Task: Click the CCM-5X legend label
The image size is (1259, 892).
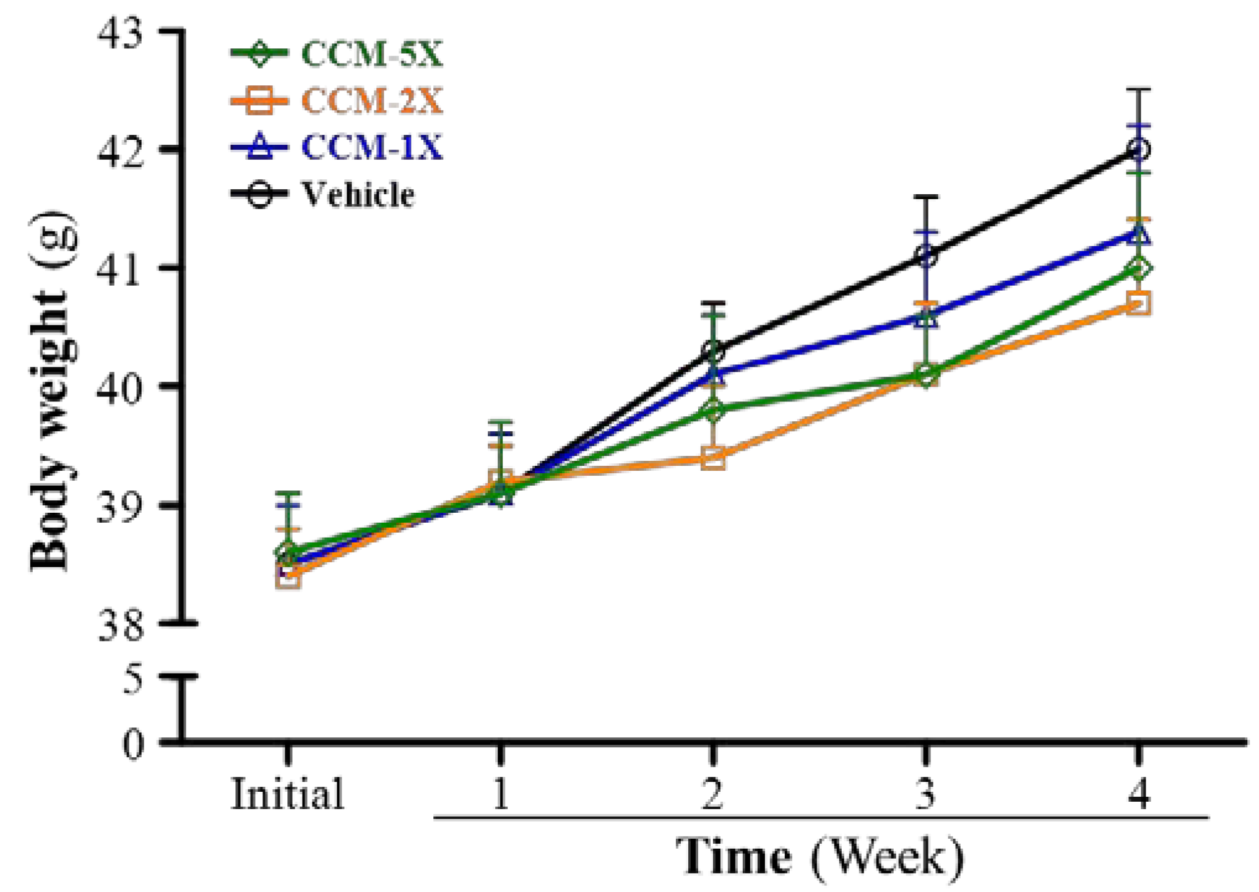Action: pos(372,54)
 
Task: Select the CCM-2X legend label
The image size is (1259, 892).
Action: pos(372,101)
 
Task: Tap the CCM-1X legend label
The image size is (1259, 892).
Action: pos(372,148)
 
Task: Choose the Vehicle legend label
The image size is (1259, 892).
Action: pos(358,194)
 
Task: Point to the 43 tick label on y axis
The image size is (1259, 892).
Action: pos(121,32)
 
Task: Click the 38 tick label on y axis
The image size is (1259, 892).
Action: pos(121,625)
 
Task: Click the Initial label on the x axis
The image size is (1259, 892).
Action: pos(287,794)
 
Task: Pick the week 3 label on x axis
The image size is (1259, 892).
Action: pos(925,794)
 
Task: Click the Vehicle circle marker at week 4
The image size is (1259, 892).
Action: pos(1139,149)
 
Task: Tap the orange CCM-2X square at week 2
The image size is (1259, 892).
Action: pos(713,458)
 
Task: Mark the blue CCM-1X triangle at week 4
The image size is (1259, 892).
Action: pos(1139,234)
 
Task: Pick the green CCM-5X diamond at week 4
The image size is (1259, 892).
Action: pos(1139,268)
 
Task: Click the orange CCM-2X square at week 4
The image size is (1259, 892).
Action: pos(1139,304)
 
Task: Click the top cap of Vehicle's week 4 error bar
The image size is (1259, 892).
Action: pos(1139,90)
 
